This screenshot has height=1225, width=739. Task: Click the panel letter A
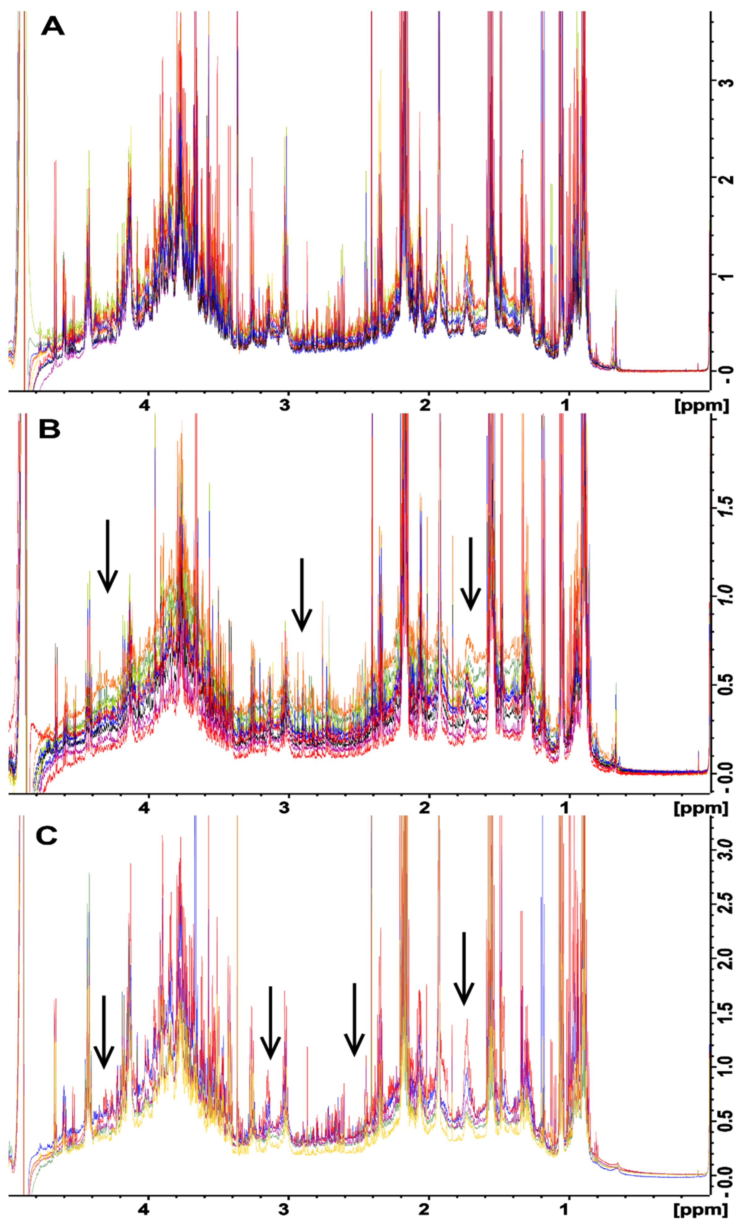53,26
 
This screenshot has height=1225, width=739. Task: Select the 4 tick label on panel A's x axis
144,405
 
